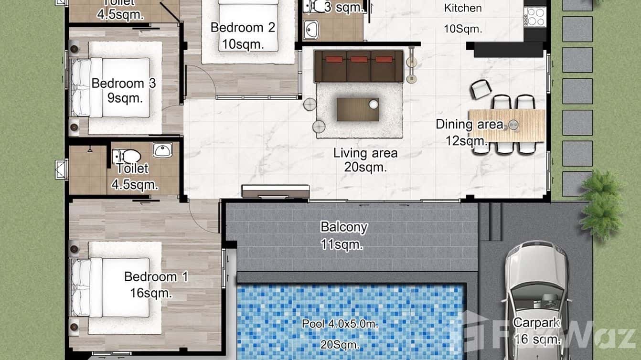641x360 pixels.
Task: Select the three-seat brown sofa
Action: [x=359, y=66]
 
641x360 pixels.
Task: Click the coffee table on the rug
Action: [x=358, y=109]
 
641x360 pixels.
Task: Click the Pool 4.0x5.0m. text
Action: [x=340, y=324]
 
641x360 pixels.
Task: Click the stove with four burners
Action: [x=534, y=17]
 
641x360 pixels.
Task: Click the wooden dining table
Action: [x=507, y=125]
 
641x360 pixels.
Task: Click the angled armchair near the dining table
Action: [x=481, y=89]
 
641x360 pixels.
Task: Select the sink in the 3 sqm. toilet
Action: [x=311, y=30]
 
